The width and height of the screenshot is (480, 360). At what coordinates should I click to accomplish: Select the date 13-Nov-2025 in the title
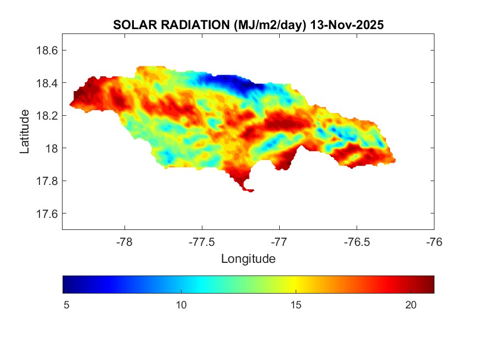(347, 25)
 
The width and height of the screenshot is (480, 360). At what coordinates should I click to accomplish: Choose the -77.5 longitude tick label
(202, 242)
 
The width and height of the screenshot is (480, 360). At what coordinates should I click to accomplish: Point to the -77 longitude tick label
(279, 242)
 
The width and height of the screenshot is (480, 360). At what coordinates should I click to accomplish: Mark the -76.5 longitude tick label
(357, 242)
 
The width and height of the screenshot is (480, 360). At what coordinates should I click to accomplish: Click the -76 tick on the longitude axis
(434, 242)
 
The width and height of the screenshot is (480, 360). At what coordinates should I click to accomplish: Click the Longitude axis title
(248, 258)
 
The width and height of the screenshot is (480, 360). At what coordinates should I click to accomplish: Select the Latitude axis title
(25, 131)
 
